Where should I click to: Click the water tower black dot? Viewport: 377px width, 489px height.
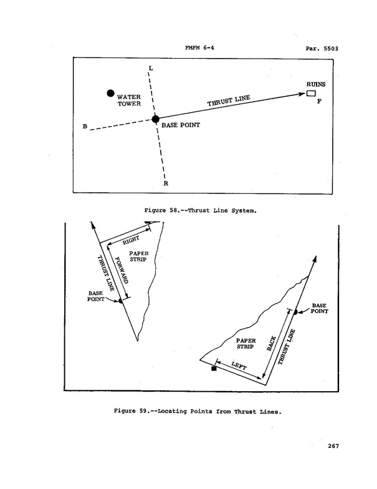pos(110,94)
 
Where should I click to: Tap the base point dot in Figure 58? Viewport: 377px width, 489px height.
pos(156,119)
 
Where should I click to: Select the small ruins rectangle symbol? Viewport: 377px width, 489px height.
pos(310,94)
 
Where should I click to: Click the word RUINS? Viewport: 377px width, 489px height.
pos(315,84)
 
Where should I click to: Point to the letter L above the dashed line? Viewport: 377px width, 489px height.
pos(150,67)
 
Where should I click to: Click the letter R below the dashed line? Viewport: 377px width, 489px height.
pos(166,183)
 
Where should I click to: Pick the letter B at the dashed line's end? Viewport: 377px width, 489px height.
pos(85,127)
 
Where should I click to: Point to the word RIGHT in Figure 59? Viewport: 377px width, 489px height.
pos(131,239)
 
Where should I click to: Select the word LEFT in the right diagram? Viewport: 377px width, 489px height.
pos(239,366)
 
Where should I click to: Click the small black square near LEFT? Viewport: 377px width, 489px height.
pos(214,369)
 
